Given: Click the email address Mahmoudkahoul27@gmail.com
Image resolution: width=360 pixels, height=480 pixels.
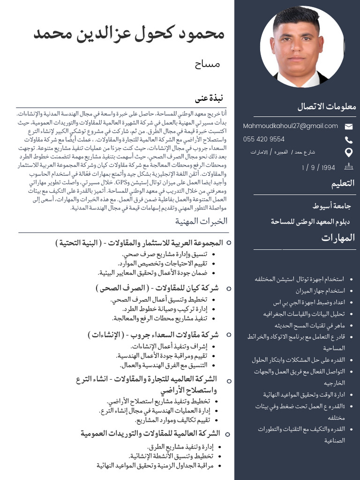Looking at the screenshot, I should [x=290, y=126].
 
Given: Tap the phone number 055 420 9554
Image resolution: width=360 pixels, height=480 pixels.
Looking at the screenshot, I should [x=263, y=139].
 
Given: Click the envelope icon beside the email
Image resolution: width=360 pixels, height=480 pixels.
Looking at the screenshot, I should [x=348, y=126].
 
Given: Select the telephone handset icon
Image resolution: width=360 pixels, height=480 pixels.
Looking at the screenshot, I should [x=348, y=140].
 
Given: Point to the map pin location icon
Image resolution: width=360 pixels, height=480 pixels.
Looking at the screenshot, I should [x=348, y=152].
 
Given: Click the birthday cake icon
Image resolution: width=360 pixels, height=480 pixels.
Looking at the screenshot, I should [x=348, y=166].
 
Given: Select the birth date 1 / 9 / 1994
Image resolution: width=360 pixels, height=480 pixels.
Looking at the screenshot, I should [x=319, y=167].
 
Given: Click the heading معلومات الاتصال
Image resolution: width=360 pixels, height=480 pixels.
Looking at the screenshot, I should [x=326, y=106].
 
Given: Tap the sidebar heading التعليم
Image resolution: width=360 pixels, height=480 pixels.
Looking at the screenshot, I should [x=343, y=184].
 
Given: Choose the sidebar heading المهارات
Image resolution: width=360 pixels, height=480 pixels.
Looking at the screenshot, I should [x=338, y=238].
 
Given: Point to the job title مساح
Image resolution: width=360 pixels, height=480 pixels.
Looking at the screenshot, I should [x=204, y=64].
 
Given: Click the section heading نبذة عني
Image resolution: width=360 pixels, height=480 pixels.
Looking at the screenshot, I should [x=209, y=98].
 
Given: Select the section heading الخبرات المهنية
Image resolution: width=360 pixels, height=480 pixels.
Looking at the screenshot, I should [x=201, y=221].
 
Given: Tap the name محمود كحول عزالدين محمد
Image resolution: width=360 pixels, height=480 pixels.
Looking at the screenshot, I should [x=129, y=34].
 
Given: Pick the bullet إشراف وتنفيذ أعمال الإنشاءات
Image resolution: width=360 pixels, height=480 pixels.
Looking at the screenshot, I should [x=168, y=346].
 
